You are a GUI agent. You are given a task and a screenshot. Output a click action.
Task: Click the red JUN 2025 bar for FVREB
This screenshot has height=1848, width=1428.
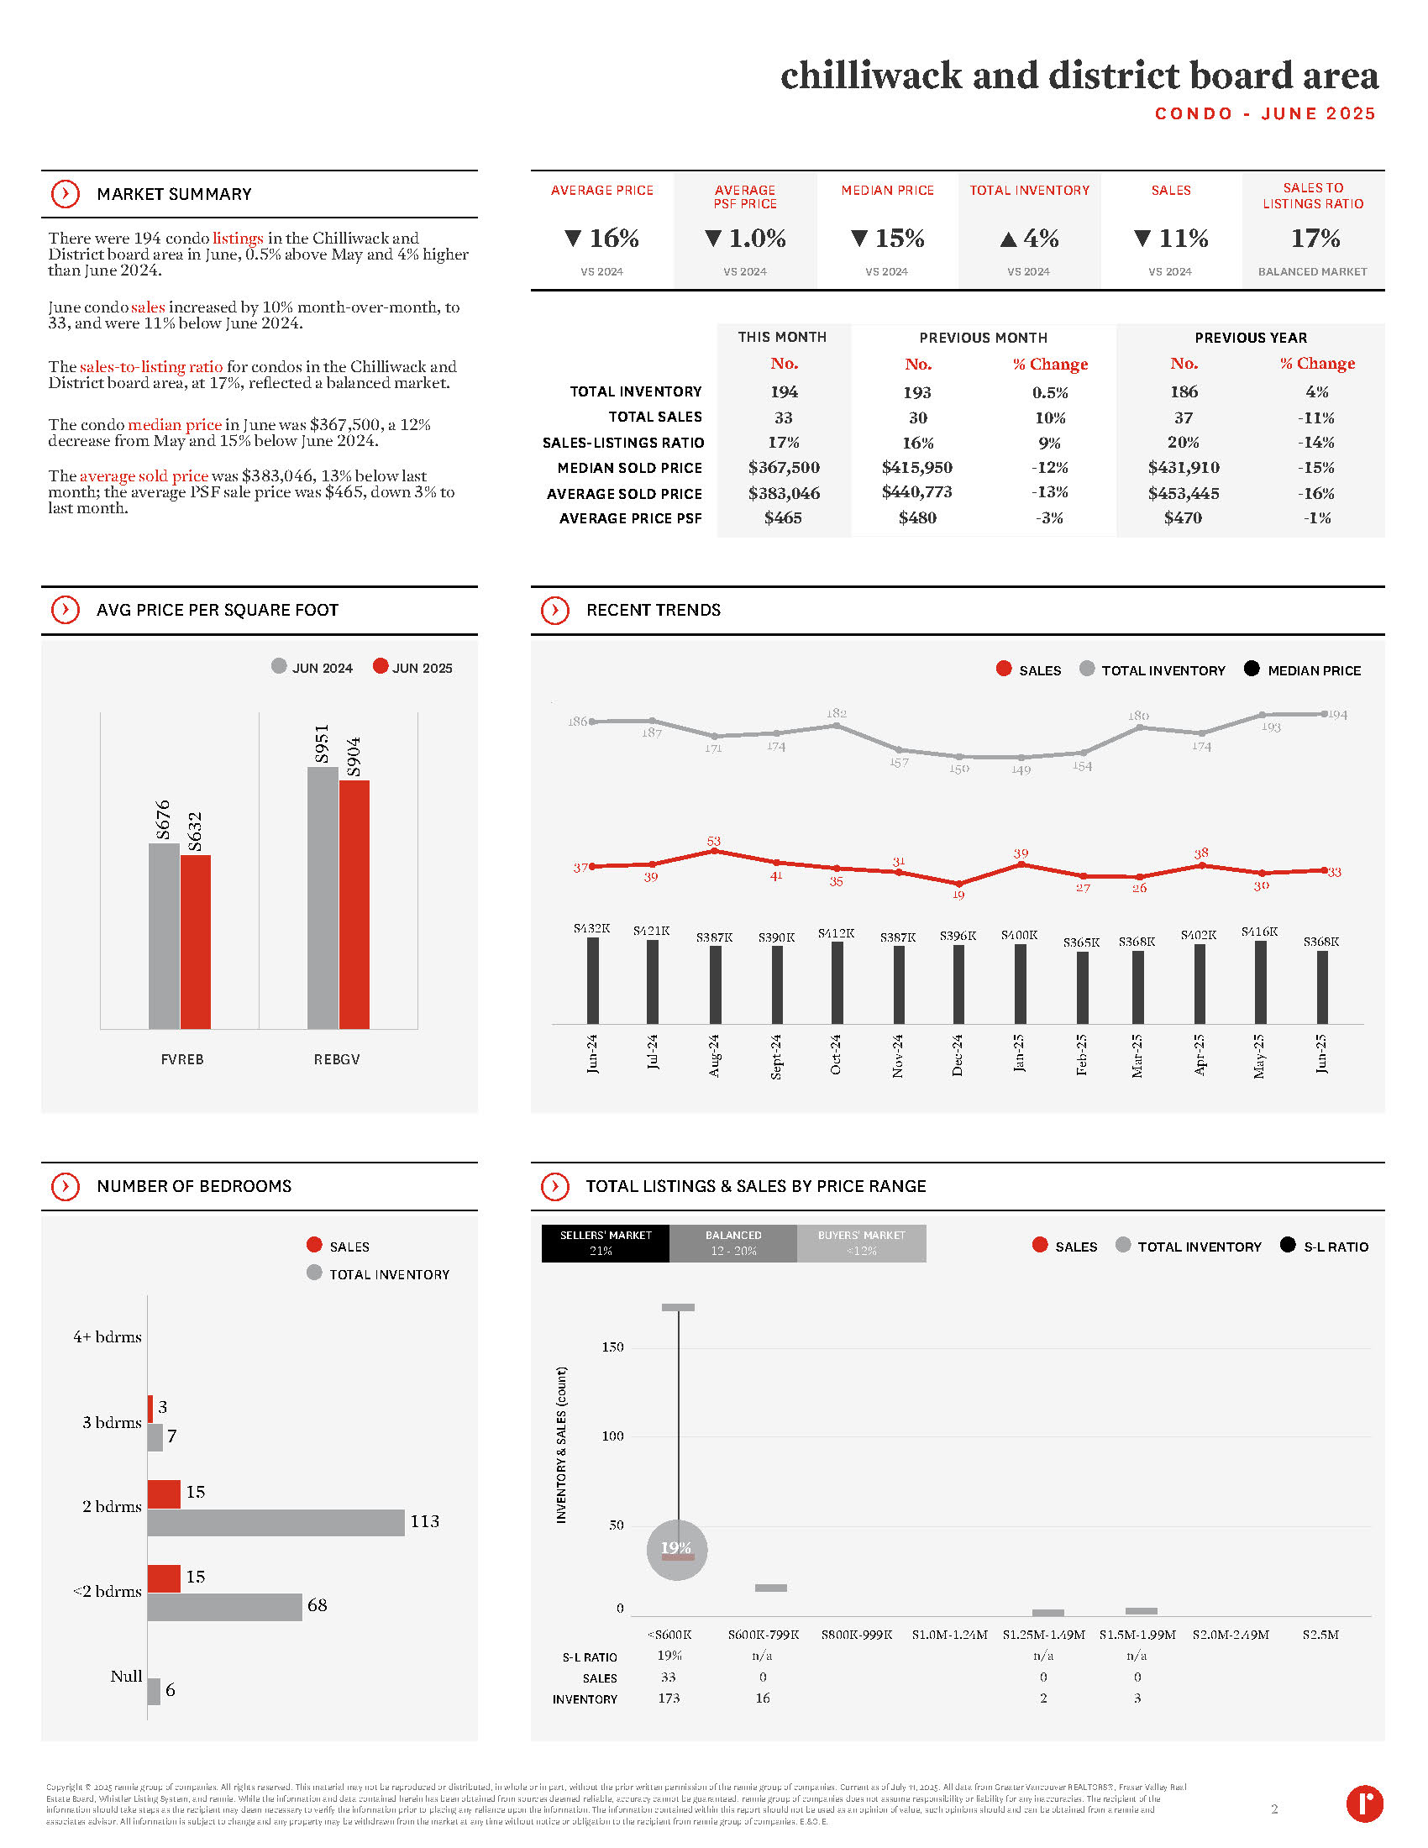click(x=196, y=941)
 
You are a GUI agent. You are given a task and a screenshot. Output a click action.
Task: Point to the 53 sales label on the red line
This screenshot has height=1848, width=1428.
click(x=714, y=841)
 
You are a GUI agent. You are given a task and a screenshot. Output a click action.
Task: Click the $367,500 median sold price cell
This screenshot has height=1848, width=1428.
click(x=784, y=467)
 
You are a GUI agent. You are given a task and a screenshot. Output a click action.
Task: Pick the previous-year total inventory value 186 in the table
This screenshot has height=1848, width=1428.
click(x=1184, y=391)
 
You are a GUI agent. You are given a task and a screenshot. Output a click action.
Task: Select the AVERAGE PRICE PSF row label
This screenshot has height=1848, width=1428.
click(x=630, y=517)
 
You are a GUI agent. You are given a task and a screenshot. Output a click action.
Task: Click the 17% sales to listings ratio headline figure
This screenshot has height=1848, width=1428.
click(x=1315, y=239)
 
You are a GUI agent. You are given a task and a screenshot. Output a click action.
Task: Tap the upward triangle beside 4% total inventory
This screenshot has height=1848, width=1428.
click(x=1007, y=239)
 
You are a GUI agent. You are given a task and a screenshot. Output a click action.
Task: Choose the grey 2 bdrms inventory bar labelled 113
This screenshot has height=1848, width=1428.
click(x=276, y=1522)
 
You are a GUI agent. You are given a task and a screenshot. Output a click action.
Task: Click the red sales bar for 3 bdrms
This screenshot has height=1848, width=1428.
click(x=150, y=1409)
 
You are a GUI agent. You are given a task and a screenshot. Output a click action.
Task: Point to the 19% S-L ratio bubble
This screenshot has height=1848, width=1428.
click(x=677, y=1549)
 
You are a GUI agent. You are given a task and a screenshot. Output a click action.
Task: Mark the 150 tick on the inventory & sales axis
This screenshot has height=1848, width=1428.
click(x=612, y=1347)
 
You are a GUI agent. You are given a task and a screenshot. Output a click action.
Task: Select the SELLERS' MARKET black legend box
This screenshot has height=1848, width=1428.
click(x=606, y=1243)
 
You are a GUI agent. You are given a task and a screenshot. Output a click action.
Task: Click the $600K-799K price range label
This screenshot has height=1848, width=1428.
click(x=763, y=1634)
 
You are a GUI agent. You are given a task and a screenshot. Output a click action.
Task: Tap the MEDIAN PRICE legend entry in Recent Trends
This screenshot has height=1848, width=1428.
click(x=1303, y=670)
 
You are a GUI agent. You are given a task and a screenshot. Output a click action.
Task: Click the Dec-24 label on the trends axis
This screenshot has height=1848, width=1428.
click(x=958, y=1054)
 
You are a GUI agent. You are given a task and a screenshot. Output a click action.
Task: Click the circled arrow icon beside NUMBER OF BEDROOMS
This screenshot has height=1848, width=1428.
click(x=66, y=1186)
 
